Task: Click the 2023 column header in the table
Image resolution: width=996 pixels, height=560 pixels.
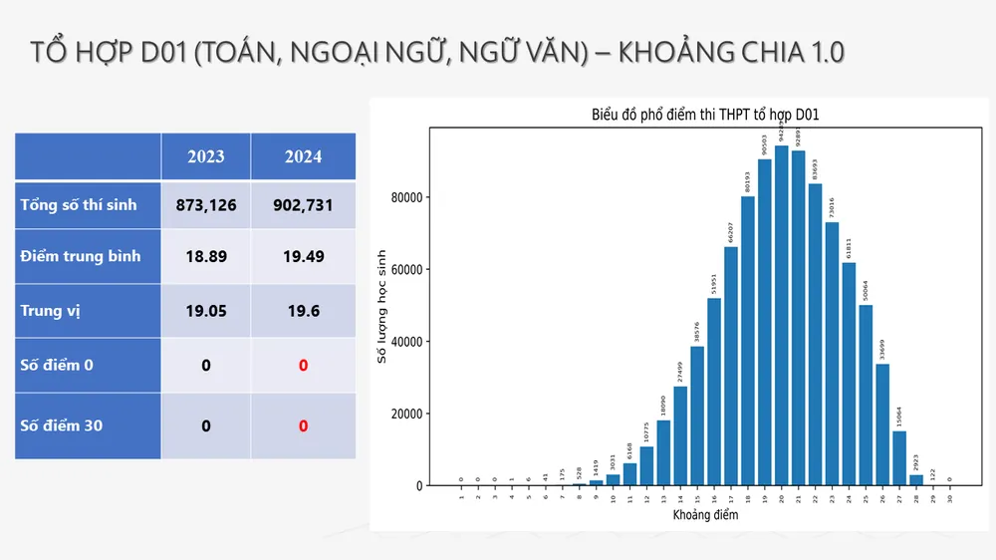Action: (x=206, y=156)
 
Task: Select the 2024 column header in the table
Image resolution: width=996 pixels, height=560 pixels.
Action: (x=303, y=156)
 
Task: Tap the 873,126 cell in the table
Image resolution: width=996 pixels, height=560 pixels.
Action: (x=206, y=205)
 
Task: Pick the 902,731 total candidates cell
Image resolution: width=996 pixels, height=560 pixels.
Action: (x=303, y=205)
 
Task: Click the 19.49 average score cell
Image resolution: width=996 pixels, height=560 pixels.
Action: (x=303, y=256)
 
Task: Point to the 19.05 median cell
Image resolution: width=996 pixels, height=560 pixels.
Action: (x=206, y=311)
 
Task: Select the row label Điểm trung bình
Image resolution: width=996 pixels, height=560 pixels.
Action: (x=81, y=256)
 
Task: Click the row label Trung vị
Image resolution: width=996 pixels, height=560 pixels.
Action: (x=51, y=311)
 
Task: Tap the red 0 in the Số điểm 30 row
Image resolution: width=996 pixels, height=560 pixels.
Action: (x=303, y=426)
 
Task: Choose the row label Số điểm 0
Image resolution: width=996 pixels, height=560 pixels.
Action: (x=57, y=365)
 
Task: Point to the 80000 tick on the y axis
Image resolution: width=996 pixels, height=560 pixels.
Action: (x=406, y=197)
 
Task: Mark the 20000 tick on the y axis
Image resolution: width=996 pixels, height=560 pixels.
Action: (x=406, y=414)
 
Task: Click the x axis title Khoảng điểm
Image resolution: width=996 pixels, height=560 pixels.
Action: (x=705, y=516)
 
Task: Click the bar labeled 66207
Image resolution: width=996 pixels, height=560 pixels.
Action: (x=730, y=366)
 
